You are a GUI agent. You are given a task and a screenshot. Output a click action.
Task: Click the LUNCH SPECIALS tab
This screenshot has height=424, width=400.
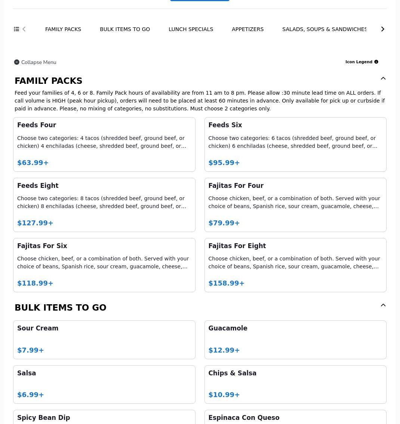tap(191, 29)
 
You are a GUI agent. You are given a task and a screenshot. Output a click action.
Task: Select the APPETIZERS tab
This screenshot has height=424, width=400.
tap(247, 29)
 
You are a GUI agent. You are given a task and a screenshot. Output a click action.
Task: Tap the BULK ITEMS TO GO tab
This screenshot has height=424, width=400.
tap(125, 29)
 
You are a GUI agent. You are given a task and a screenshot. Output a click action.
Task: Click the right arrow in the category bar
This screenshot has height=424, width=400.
tap(382, 29)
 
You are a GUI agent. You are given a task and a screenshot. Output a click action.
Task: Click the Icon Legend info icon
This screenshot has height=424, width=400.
tap(376, 62)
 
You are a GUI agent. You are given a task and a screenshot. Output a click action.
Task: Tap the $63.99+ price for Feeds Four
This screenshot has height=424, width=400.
tap(33, 163)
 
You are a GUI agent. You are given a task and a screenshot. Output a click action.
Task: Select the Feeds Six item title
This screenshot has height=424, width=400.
tap(225, 125)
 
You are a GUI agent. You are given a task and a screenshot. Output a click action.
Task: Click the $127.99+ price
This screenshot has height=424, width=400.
tap(35, 223)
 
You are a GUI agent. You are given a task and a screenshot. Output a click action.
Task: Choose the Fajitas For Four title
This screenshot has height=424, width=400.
tap(236, 186)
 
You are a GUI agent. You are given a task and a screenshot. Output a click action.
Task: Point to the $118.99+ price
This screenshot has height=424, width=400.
tap(35, 283)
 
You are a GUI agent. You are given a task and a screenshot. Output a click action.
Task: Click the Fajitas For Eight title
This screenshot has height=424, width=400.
tap(237, 246)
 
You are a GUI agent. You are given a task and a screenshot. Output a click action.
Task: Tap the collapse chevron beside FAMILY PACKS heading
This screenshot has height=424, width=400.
tap(383, 79)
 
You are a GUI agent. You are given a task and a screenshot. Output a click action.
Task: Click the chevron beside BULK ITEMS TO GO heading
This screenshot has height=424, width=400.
tap(383, 305)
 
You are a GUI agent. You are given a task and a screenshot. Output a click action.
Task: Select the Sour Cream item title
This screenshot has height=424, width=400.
tap(38, 328)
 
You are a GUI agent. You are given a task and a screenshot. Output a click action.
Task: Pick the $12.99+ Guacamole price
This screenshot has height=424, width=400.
tap(224, 350)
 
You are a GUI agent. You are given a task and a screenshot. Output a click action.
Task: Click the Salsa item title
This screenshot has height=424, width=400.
tap(27, 373)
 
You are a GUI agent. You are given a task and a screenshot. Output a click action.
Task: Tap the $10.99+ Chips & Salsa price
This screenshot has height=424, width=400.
tap(224, 395)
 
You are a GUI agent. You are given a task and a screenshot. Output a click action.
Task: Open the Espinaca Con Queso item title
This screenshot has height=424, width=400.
tap(244, 418)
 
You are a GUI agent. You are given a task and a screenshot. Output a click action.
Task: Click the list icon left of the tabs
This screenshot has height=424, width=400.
tap(16, 29)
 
